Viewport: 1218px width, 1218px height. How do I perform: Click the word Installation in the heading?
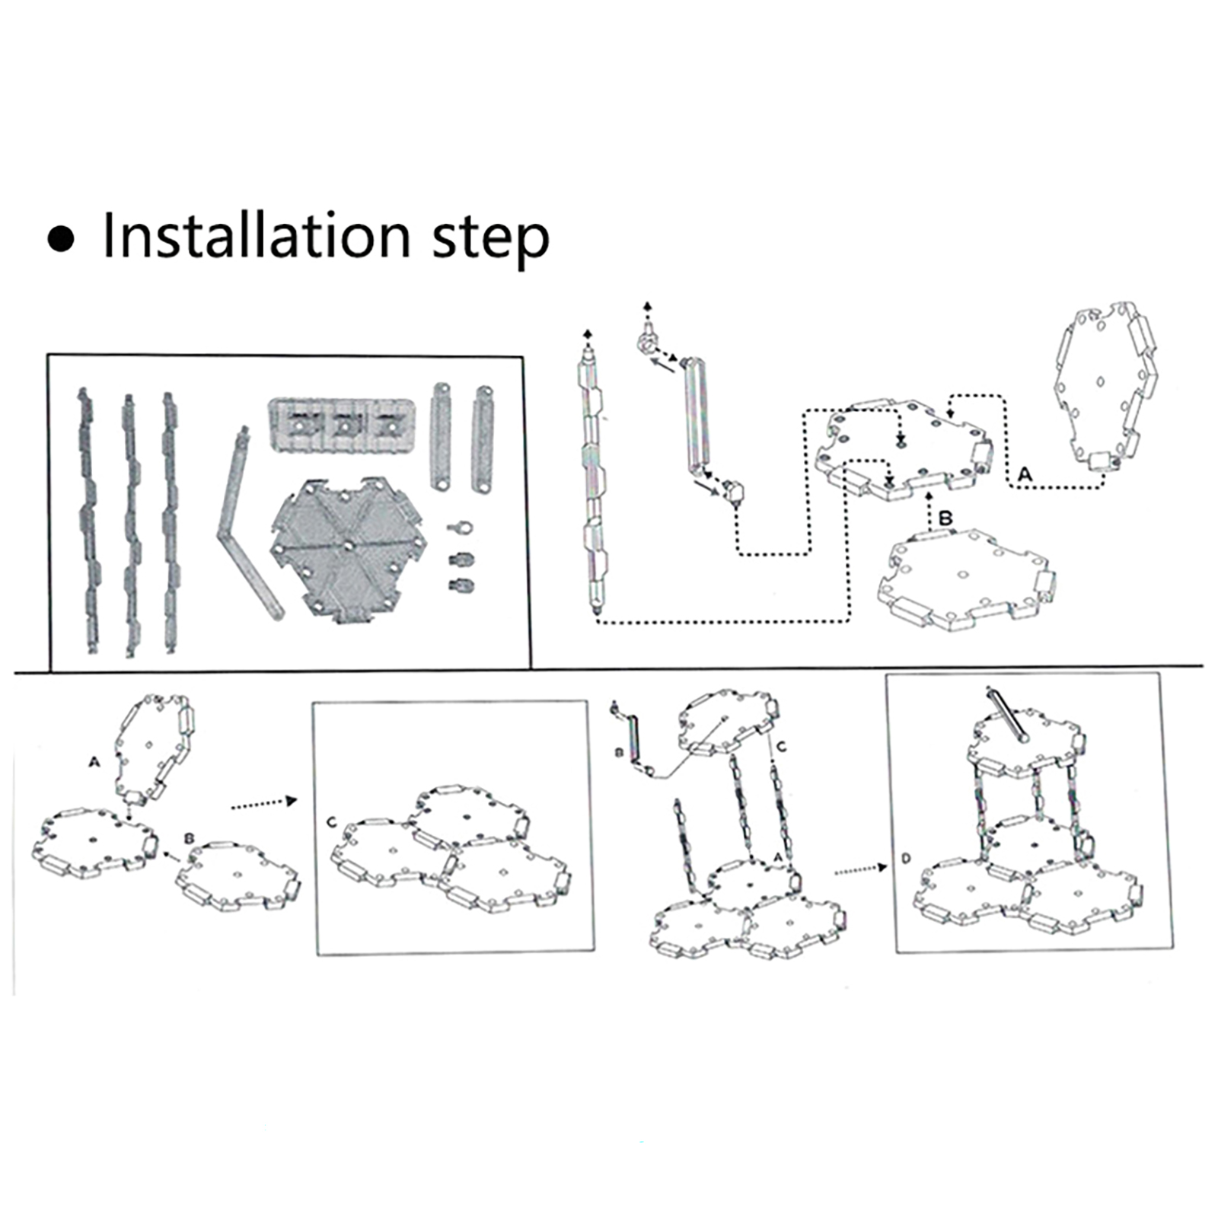click(x=256, y=235)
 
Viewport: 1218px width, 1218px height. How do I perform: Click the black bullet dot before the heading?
click(x=62, y=238)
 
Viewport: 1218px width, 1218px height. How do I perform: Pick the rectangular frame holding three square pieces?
click(x=343, y=427)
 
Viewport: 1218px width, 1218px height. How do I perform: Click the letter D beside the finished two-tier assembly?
click(x=906, y=859)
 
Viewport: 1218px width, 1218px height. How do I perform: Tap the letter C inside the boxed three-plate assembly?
click(x=331, y=823)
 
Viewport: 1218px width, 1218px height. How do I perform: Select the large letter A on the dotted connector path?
click(x=1025, y=474)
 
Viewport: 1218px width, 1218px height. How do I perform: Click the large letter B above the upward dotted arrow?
click(x=945, y=518)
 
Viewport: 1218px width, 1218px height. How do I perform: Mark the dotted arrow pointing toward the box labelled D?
click(x=861, y=869)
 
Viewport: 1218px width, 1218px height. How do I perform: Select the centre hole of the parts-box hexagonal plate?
click(x=347, y=545)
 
